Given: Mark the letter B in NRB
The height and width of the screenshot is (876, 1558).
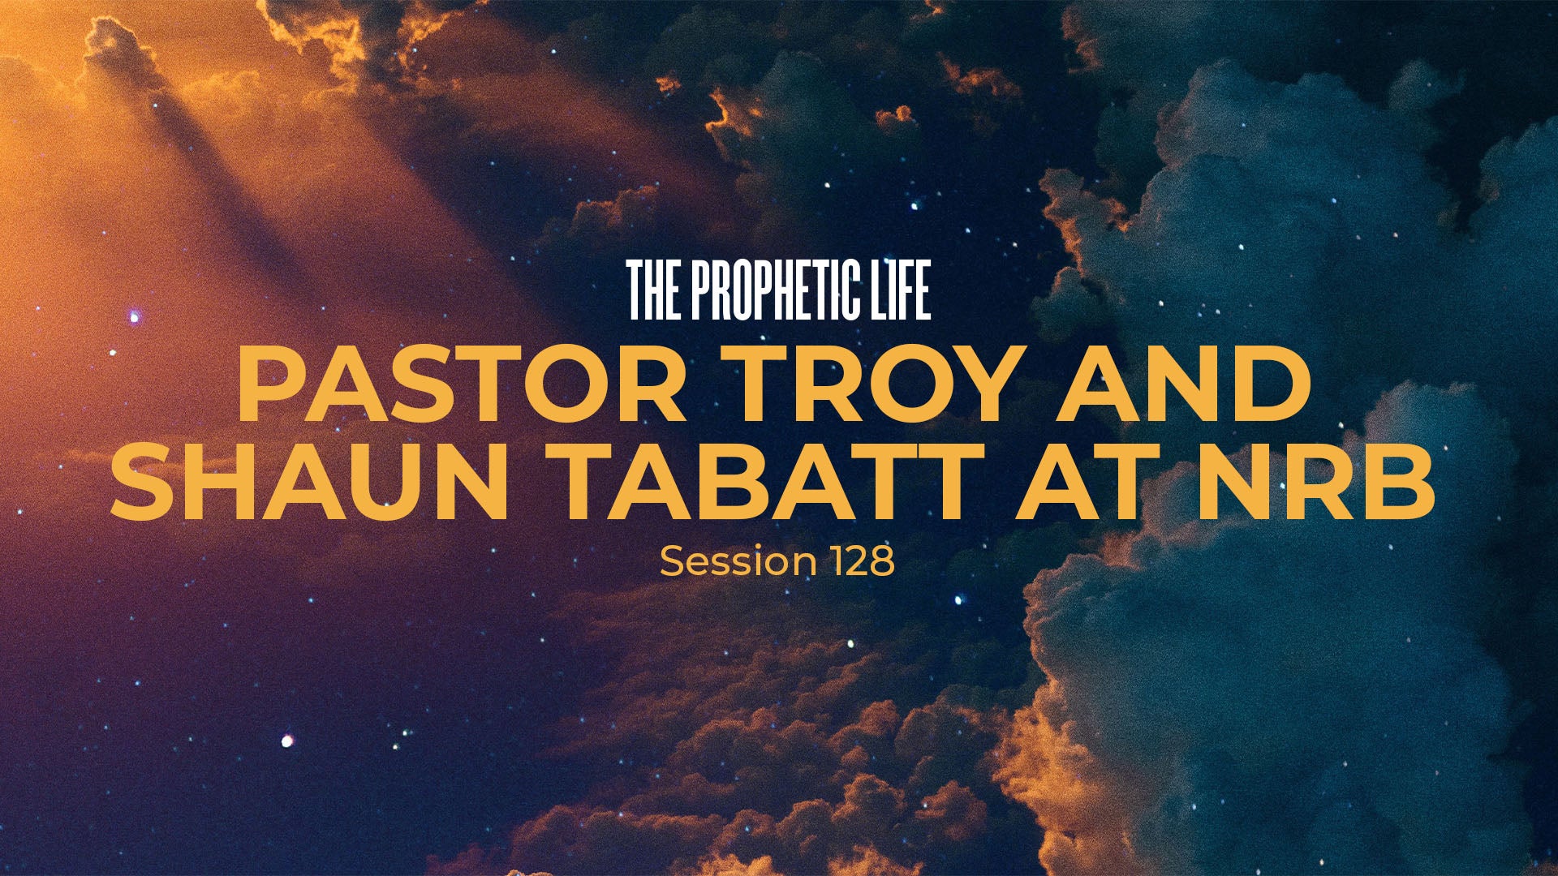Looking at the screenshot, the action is [1403, 481].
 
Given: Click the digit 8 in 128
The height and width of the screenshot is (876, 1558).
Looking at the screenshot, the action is [881, 561].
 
